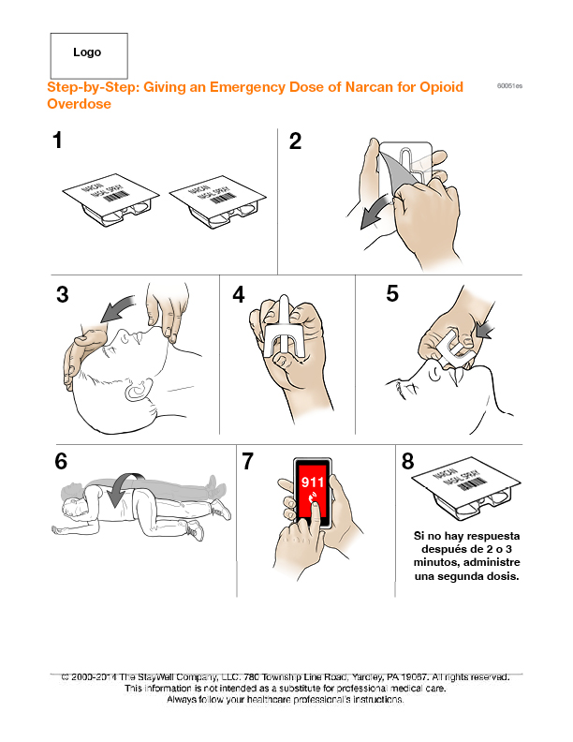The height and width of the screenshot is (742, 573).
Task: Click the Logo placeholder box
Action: coord(88,54)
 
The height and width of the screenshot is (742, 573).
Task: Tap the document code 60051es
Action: coord(509,86)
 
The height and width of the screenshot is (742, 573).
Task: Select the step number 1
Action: coord(58,141)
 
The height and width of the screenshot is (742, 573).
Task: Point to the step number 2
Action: coord(295,141)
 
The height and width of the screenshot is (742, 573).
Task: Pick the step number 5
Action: coord(392,293)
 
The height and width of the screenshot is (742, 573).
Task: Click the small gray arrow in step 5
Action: coord(486,330)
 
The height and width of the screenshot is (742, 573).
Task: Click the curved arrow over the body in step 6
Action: coord(123,490)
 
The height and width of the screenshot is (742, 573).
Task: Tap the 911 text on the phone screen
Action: coord(313,483)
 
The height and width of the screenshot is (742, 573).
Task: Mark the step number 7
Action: coord(248,461)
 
